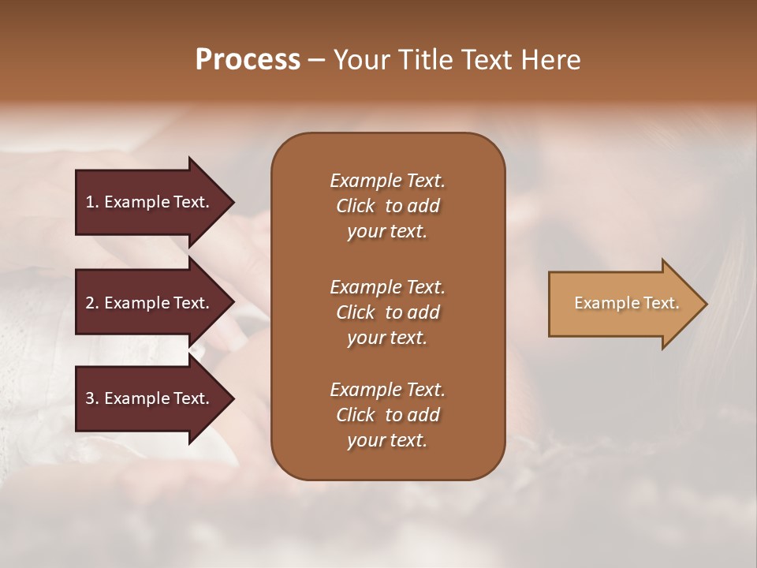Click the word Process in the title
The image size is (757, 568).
[248, 60]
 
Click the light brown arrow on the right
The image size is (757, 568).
[623, 304]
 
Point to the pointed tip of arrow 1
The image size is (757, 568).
[233, 202]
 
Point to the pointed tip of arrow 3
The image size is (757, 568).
[233, 398]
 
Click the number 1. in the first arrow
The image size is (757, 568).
[92, 202]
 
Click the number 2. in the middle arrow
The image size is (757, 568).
[92, 303]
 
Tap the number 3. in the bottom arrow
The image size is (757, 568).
[92, 398]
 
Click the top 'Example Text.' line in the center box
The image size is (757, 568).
[387, 181]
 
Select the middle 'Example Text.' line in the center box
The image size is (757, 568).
[387, 286]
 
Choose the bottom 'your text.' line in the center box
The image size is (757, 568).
[387, 440]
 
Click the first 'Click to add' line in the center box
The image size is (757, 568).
[387, 206]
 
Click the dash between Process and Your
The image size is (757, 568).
[317, 60]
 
